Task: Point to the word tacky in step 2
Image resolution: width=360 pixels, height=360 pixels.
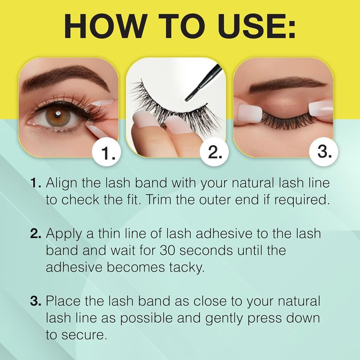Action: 186,267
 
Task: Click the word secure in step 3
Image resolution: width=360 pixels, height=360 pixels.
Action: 85,335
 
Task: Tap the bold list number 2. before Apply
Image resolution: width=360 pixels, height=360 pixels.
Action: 36,234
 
